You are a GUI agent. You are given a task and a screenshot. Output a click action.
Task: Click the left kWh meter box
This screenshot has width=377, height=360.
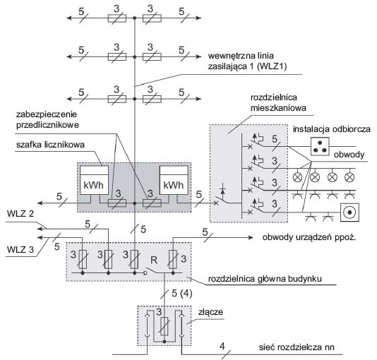95,180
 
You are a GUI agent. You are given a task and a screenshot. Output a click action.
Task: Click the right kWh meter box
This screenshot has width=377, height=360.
174,180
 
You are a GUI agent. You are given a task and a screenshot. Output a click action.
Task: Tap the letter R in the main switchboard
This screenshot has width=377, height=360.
154,260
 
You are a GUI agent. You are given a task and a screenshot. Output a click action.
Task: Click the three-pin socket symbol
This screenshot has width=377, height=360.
320,146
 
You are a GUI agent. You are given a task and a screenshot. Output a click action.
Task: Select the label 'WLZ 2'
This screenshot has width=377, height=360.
20,214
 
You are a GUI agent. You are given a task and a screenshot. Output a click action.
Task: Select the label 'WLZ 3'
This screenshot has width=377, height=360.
20,249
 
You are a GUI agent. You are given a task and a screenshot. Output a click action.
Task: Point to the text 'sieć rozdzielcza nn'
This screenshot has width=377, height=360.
297,347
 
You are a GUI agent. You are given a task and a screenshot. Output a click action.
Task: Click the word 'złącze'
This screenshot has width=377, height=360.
210,312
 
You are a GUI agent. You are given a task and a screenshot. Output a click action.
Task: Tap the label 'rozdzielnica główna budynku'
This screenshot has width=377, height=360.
265,279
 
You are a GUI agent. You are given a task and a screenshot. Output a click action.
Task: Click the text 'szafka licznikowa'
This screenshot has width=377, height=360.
50,145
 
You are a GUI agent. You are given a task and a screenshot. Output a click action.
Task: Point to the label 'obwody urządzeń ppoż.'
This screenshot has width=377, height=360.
309,238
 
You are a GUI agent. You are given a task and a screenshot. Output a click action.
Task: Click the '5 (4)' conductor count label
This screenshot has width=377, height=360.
182,294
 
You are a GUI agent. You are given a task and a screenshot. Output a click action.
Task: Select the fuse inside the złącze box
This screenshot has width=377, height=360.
164,326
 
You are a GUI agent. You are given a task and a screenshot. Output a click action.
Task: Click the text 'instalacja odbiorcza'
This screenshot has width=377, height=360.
332,129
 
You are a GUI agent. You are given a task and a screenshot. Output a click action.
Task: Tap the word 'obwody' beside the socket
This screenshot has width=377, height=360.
349,155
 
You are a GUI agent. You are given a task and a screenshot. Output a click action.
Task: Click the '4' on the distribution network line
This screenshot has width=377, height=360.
222,347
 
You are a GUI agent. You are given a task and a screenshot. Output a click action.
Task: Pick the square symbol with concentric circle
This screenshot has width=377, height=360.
350,212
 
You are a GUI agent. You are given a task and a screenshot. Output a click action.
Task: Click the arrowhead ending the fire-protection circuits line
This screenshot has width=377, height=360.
251,238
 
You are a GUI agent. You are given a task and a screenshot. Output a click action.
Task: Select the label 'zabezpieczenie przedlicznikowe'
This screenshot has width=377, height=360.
47,119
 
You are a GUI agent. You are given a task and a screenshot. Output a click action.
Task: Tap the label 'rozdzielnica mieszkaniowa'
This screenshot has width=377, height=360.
278,102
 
